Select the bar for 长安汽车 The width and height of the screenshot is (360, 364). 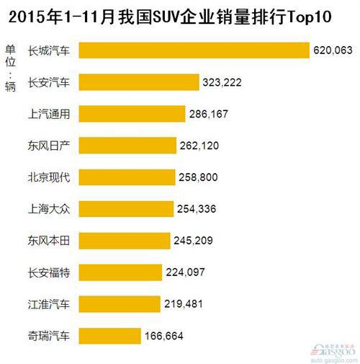click(138, 81)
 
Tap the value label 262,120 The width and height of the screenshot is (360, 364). click(199, 146)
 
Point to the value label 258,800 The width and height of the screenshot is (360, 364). click(199, 177)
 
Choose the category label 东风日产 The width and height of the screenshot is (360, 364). click(49, 145)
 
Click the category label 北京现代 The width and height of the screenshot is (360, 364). click(49, 177)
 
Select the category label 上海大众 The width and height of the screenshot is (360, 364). click(49, 208)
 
